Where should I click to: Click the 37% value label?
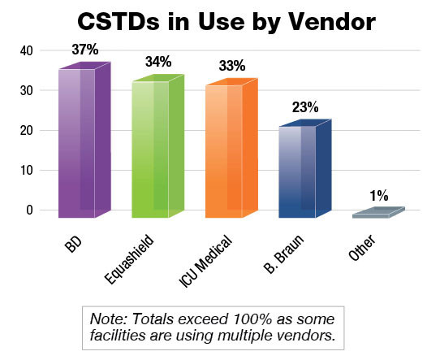pos(85,50)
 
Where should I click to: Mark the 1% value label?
pos(380,195)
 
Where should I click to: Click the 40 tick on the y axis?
pos(27,51)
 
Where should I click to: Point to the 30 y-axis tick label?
pos(27,91)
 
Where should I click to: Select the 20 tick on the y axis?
pos(27,131)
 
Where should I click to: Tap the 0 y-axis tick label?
pos(31,210)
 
